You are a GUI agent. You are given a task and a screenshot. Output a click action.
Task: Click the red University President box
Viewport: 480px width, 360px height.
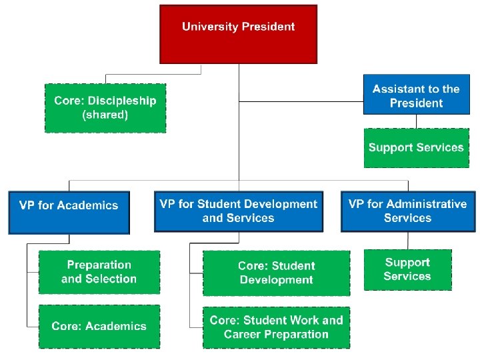[238, 33]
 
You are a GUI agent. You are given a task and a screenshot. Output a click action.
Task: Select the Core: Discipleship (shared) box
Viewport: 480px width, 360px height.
[105, 108]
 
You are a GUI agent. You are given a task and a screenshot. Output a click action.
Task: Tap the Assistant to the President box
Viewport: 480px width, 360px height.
[416, 95]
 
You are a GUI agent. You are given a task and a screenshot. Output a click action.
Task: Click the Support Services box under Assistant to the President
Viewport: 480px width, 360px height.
[416, 147]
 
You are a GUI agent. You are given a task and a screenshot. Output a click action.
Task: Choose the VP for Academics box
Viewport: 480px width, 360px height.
[69, 212]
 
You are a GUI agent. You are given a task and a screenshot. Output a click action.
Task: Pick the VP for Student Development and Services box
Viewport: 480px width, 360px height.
[238, 211]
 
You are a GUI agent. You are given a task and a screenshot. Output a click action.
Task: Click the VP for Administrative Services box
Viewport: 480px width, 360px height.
[407, 211]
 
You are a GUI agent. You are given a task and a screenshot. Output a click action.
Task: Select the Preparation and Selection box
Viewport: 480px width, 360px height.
[99, 272]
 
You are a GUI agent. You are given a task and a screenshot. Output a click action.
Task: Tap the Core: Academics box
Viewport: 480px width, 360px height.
[99, 326]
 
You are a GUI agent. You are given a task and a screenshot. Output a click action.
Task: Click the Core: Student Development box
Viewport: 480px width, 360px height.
[276, 273]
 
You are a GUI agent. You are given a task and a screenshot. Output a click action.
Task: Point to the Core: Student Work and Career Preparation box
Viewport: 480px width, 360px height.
[276, 327]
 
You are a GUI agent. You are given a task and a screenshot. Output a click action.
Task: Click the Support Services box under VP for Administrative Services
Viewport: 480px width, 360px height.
[407, 269]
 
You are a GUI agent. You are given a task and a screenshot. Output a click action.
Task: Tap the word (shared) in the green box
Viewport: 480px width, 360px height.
[105, 115]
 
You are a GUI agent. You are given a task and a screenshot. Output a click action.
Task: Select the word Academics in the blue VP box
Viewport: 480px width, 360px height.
[87, 205]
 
